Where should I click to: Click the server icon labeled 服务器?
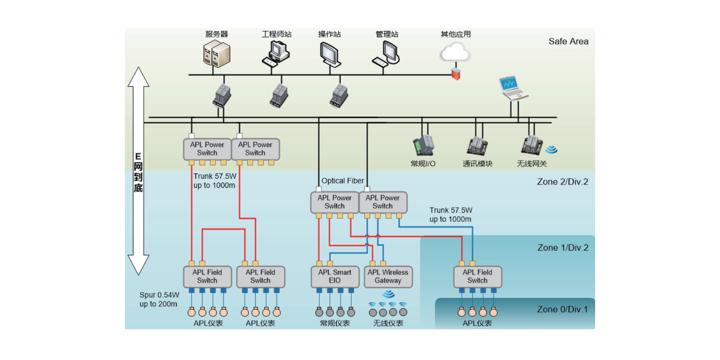[217, 55]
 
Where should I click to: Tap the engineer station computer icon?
[276, 54]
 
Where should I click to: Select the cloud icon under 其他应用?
[455, 52]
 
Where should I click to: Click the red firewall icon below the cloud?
[456, 74]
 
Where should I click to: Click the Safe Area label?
[568, 41]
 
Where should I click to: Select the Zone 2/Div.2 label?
[562, 182]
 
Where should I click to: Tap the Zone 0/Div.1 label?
[562, 309]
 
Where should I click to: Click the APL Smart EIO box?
[334, 277]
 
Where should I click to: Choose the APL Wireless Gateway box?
[388, 277]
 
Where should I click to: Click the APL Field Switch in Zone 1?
[477, 277]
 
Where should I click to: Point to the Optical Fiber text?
[342, 181]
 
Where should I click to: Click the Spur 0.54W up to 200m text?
[159, 299]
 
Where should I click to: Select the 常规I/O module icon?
[423, 146]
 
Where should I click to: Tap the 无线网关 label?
[531, 164]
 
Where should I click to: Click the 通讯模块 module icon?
[477, 146]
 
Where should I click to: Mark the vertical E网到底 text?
[138, 172]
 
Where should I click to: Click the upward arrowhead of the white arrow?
[138, 77]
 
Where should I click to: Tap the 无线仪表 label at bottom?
[388, 323]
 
